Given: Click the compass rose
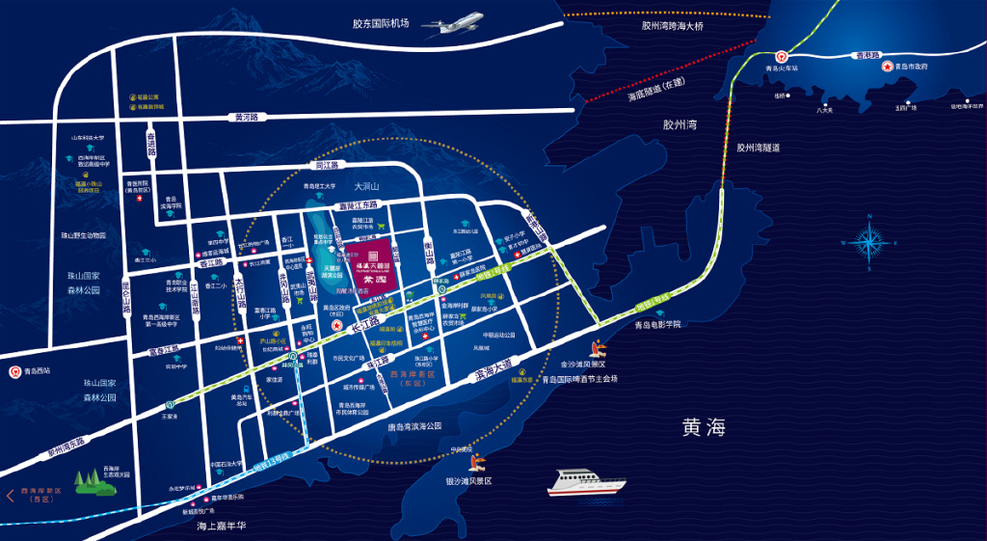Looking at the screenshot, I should coord(868,240).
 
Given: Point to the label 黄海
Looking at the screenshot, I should coord(703,425).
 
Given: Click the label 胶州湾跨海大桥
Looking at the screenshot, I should coord(673,26).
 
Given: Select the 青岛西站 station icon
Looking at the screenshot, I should coord(15,370).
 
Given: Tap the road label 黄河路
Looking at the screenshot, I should coord(248,118).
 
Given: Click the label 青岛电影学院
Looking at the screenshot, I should coord(657,325).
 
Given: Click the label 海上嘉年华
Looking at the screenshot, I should coord(223,526).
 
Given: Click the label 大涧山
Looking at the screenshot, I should coord(368,185).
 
